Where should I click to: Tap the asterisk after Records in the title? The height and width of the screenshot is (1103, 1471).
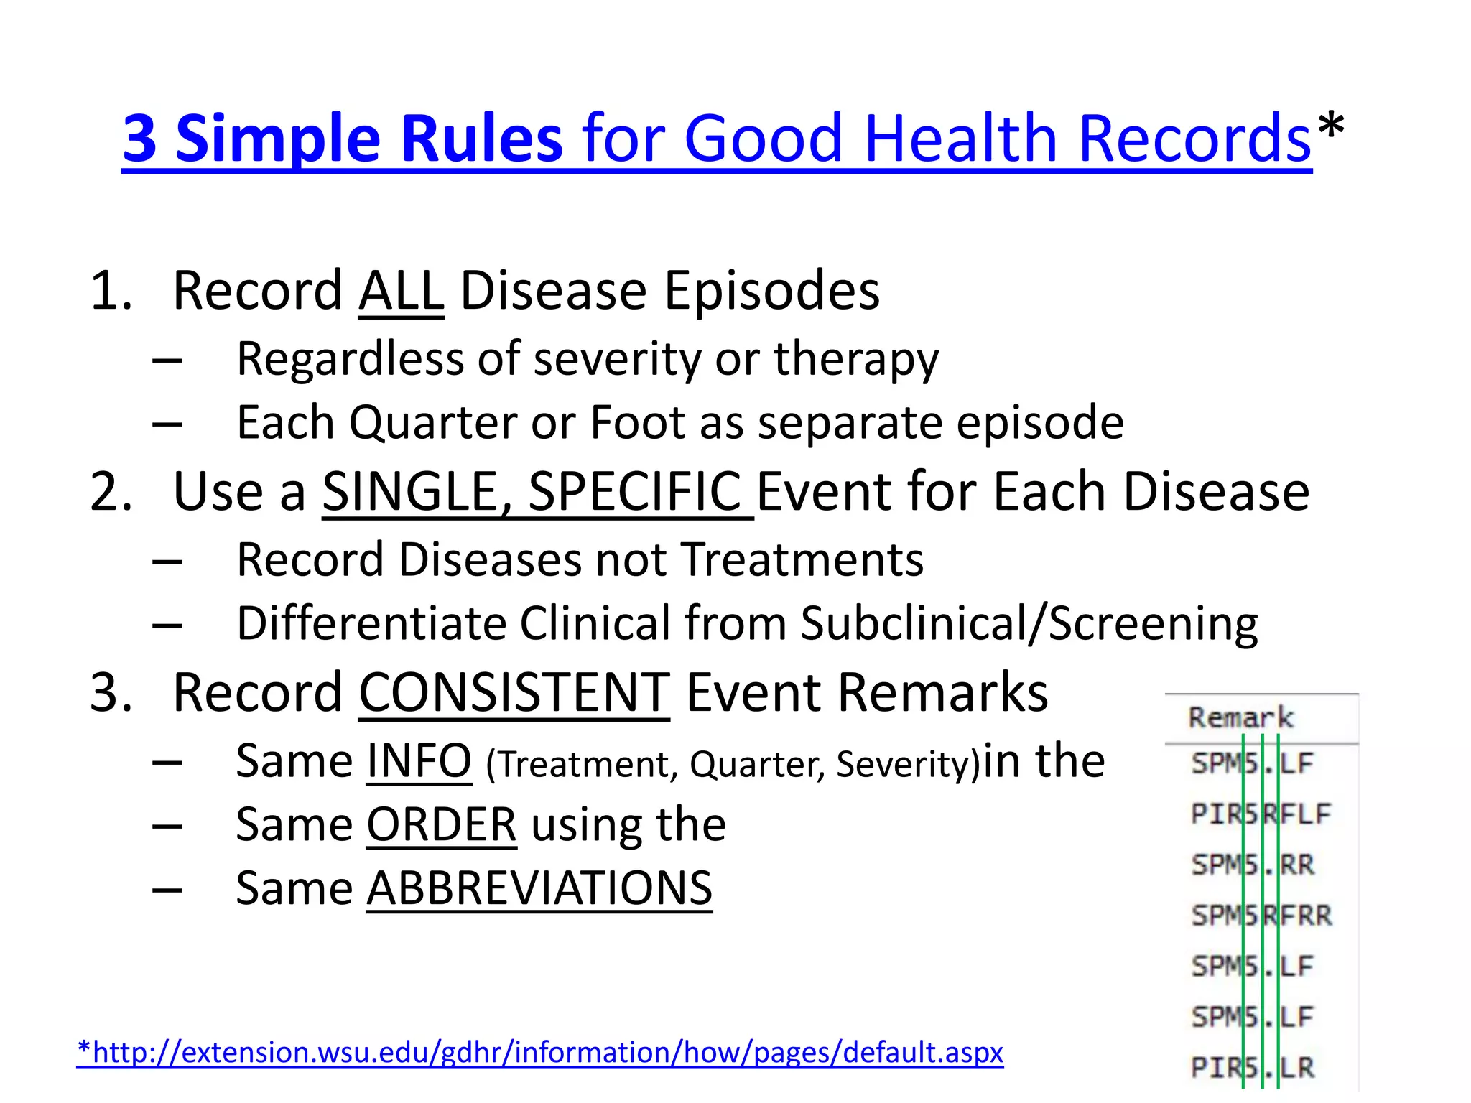pos(1331,128)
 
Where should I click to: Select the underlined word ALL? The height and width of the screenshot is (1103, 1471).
pos(401,292)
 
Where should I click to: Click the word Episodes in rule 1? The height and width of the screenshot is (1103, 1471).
pos(771,292)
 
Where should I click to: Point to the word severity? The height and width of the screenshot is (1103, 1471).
pos(617,358)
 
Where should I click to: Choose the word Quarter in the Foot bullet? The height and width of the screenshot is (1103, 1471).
pos(432,422)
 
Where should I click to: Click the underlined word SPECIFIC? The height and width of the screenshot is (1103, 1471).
pos(635,493)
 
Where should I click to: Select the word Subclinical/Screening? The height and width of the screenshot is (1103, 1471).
pos(1029,623)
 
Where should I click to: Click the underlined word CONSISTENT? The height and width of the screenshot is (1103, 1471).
pos(514,693)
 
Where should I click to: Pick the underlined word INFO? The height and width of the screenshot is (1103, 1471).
pos(419,761)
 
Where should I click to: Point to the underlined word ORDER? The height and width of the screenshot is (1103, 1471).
pos(441,825)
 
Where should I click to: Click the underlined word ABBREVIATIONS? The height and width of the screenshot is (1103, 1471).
pos(539,889)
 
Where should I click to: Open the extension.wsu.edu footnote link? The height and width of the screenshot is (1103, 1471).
pos(540,1053)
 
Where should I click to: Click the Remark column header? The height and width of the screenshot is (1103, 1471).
pos(1240,717)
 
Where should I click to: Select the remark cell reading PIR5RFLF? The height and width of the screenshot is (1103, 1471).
pos(1261,814)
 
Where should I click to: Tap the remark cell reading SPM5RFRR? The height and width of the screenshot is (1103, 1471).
pos(1261,916)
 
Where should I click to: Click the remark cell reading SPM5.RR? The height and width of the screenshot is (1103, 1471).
pos(1253,865)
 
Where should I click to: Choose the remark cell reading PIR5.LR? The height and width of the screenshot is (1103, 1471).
pos(1253,1068)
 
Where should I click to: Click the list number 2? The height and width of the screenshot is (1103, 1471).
pos(111,493)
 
